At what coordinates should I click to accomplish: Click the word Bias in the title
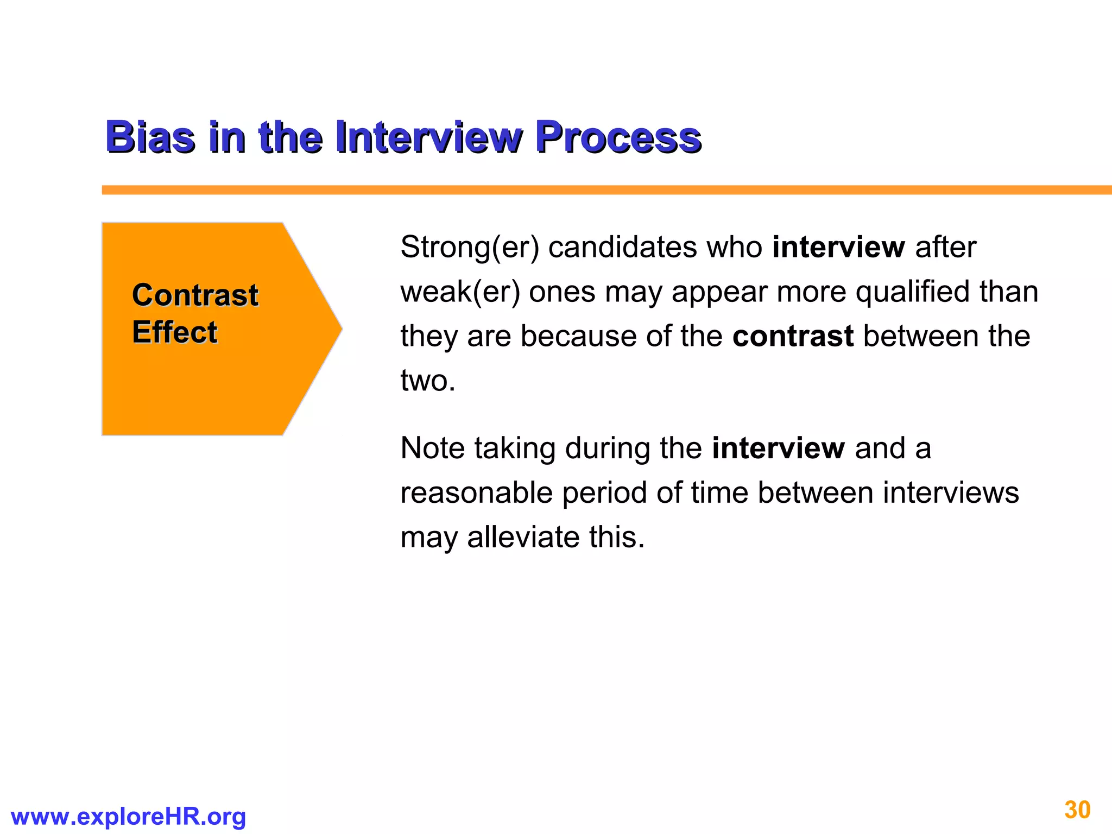click(150, 137)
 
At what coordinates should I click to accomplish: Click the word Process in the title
click(618, 137)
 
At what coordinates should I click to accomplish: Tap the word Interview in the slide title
click(429, 137)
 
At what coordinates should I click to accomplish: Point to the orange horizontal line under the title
click(597, 190)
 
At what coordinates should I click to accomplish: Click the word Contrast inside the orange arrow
click(195, 295)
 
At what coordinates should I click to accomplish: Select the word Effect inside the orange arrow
click(174, 332)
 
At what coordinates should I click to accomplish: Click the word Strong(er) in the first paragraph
click(470, 248)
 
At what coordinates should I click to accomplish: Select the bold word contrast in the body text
click(793, 336)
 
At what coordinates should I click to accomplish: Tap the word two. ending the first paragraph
click(428, 381)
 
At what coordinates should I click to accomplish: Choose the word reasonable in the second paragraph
click(476, 493)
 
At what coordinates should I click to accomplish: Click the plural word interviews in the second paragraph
click(950, 493)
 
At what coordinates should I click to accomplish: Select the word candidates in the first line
click(623, 248)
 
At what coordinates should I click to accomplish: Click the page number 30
click(1077, 810)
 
